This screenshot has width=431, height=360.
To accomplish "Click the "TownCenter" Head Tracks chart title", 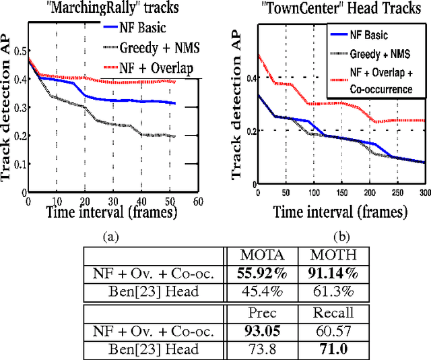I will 330,9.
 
